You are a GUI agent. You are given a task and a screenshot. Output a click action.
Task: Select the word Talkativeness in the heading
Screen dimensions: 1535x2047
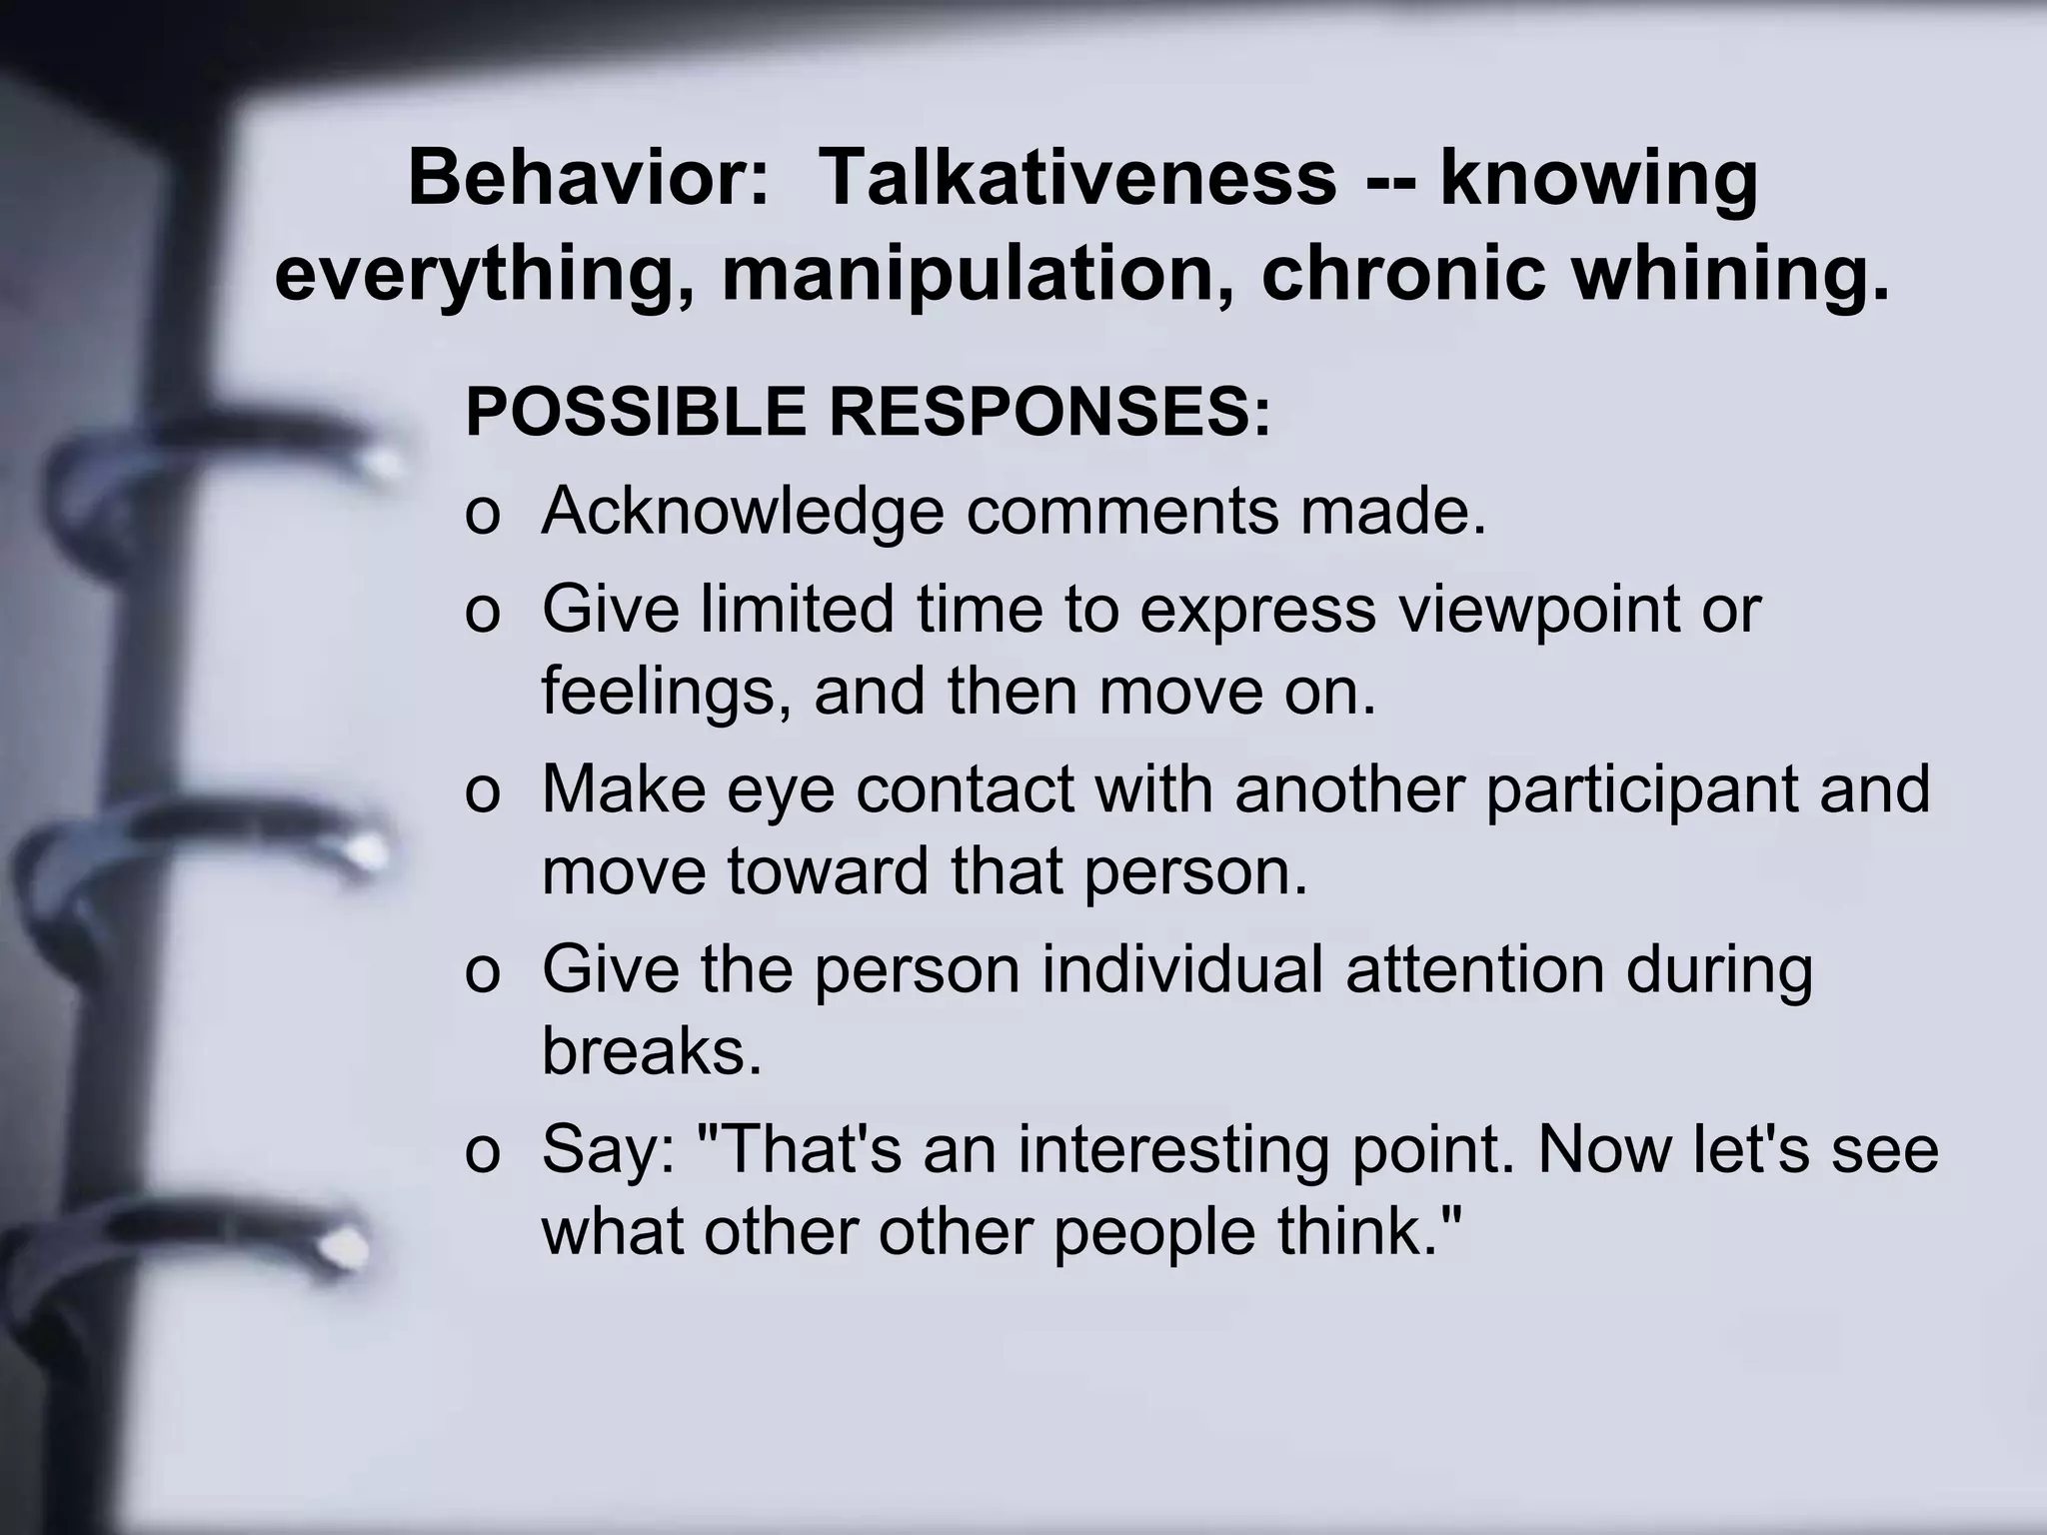[1077, 178]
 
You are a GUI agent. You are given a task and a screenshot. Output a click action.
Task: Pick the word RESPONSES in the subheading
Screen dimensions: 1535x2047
[1049, 412]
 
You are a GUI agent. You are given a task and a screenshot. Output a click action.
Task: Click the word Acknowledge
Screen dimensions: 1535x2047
[743, 512]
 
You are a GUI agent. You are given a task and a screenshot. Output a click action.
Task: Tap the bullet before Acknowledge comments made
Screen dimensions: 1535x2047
[482, 516]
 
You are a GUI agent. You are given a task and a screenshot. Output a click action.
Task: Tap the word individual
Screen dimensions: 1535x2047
[1182, 969]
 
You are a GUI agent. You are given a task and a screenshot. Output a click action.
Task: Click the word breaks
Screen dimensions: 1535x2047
[652, 1051]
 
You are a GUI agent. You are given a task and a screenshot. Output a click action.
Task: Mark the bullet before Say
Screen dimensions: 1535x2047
[482, 1153]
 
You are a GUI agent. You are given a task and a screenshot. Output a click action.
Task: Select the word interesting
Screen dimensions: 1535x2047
[1173, 1149]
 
